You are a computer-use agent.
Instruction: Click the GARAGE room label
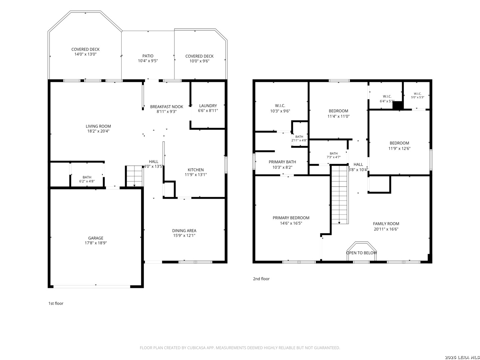(96, 238)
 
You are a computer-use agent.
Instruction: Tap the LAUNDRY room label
(208, 106)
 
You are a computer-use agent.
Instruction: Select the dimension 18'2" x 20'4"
(98, 131)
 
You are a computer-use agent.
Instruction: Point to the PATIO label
(148, 56)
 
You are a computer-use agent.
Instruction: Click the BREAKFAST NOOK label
(166, 107)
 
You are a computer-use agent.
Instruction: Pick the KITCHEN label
(195, 170)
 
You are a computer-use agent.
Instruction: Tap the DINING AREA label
(184, 231)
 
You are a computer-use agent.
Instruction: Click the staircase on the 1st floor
(134, 176)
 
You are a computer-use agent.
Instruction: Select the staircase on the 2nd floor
(339, 195)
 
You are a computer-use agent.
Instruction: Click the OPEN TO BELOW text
(361, 253)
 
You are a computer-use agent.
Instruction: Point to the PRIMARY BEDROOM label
(291, 218)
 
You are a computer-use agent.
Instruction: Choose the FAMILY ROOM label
(386, 224)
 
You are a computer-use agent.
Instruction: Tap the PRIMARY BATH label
(282, 162)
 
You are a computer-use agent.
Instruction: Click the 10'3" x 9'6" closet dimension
(280, 111)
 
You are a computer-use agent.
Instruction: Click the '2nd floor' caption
(261, 279)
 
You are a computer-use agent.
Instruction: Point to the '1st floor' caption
(56, 303)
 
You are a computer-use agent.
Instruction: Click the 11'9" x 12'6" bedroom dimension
(399, 149)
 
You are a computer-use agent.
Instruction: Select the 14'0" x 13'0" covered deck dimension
(85, 54)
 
